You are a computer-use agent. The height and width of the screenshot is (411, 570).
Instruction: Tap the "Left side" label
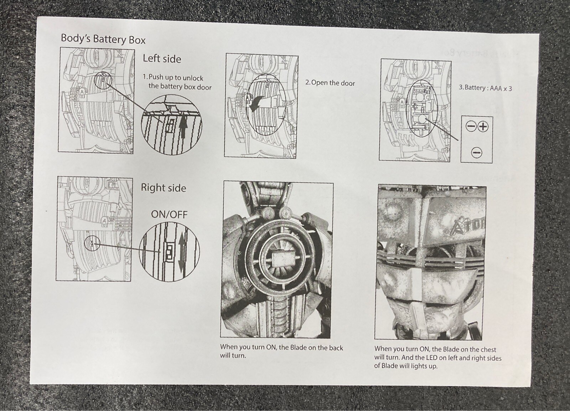pos(162,59)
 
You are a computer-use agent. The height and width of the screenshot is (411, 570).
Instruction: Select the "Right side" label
pos(164,188)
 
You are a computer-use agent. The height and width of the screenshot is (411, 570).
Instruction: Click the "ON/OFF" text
pos(169,215)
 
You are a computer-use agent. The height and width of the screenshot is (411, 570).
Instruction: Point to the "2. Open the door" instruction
pos(330,83)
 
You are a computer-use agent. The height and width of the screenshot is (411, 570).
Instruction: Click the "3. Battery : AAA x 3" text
pos(485,88)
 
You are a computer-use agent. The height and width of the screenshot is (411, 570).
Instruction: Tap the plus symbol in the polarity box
pos(483,126)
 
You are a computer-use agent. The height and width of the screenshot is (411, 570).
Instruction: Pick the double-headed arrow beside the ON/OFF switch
pos(181,254)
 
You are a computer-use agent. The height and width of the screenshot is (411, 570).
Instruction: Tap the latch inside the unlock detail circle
pos(170,125)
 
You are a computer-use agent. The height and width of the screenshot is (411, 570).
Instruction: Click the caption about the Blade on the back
pos(281,351)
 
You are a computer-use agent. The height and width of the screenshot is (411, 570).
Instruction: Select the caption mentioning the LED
pos(438,358)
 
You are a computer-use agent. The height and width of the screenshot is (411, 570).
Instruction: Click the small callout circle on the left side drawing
pos(103,81)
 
